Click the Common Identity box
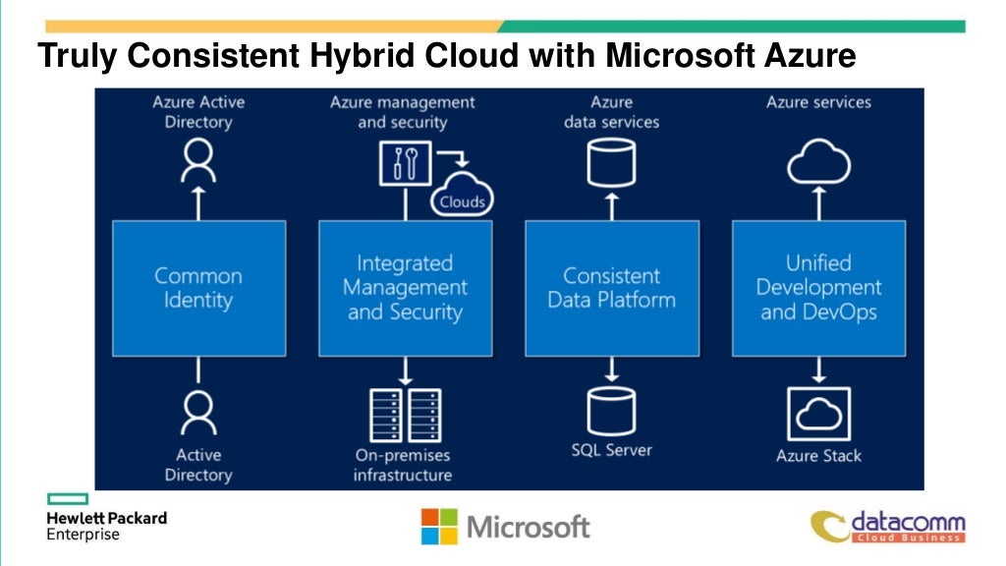198,288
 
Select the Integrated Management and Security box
405,288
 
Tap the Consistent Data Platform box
611,288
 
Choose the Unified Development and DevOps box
818,288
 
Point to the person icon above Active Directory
198,412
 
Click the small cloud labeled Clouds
462,197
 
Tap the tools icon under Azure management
405,163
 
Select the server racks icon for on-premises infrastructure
405,415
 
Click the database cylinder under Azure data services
611,163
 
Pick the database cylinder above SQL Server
611,412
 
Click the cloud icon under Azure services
818,163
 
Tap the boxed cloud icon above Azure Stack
818,414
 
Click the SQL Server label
611,451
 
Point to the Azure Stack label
818,456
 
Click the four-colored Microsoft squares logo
439,526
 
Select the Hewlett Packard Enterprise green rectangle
68,499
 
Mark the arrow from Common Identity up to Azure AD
198,202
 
